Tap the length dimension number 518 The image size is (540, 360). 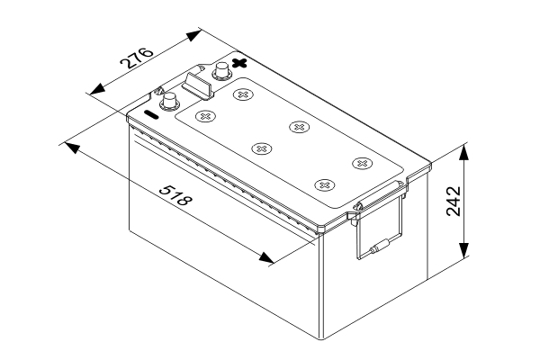coord(174,196)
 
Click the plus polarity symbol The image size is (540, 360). coord(239,62)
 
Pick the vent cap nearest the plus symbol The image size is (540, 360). coord(241,93)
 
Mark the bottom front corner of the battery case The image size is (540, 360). coord(322,337)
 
